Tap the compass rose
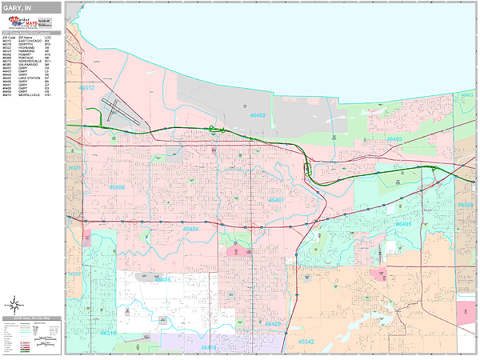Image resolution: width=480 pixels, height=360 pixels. click(14, 305)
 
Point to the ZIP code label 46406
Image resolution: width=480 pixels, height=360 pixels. click(115, 187)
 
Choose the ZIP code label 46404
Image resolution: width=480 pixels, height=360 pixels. click(191, 228)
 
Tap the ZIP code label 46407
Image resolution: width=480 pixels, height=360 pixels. click(276, 200)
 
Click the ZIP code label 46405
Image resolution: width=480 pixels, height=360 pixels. click(403, 225)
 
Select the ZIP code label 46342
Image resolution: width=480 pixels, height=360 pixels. click(304, 342)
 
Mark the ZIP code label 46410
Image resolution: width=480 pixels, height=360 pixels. click(209, 348)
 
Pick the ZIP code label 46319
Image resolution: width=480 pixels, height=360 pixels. click(107, 334)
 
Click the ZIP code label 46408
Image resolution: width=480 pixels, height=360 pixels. click(162, 280)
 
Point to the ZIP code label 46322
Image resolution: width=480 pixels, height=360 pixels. click(74, 274)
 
